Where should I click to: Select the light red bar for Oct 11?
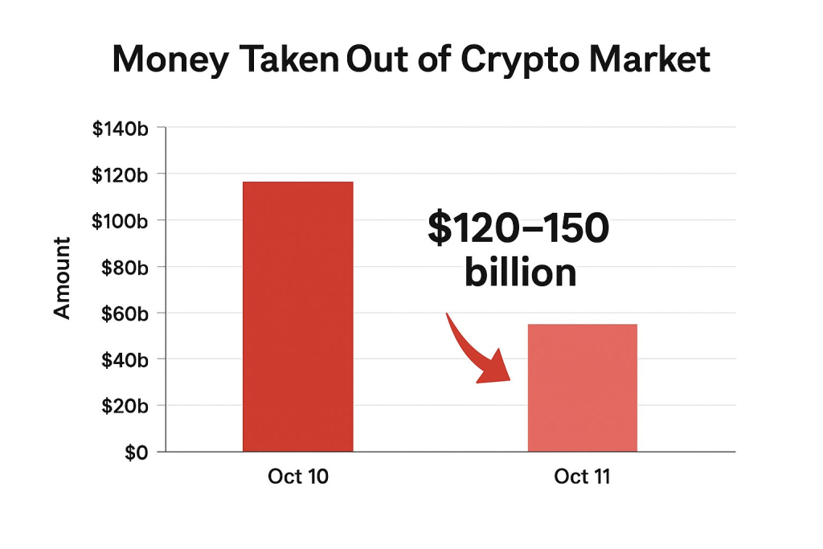pyautogui.click(x=582, y=387)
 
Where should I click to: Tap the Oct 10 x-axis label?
pyautogui.click(x=298, y=477)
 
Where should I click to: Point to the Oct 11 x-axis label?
pyautogui.click(x=582, y=477)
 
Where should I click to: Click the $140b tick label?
pyautogui.click(x=121, y=128)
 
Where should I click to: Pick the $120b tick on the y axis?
pyautogui.click(x=121, y=174)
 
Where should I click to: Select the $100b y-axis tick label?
pyautogui.click(x=121, y=221)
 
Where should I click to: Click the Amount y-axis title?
pyautogui.click(x=63, y=278)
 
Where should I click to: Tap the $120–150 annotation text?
pyautogui.click(x=518, y=230)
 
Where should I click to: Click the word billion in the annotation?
pyautogui.click(x=520, y=273)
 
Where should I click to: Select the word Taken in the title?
pyautogui.click(x=294, y=60)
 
